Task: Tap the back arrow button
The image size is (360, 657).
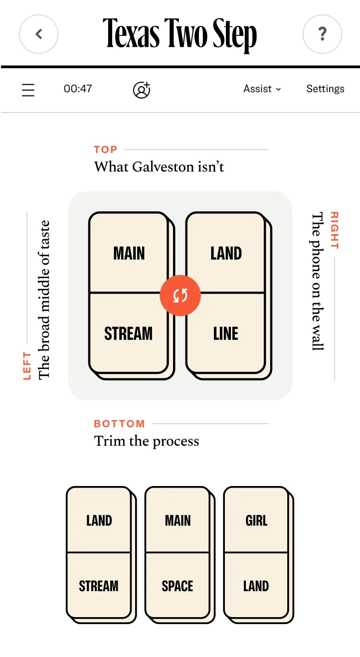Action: coord(39,34)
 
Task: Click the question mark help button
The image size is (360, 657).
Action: coord(322,34)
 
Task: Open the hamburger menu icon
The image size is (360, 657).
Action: coord(28,90)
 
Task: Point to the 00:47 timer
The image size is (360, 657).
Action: coord(78,89)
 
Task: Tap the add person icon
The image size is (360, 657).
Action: coord(142,90)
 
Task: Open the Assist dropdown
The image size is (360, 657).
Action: coord(262,89)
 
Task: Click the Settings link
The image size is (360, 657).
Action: coord(325,89)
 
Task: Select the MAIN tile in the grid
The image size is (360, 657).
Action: coord(129,253)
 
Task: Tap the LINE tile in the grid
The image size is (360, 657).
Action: coord(226,333)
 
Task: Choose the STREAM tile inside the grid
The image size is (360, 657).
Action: coord(129,333)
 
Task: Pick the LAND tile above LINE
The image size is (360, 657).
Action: coord(226,253)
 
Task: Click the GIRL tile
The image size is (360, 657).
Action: coord(256,520)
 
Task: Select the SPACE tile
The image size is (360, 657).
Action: coord(178,586)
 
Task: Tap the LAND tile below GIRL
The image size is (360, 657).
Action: coord(256,586)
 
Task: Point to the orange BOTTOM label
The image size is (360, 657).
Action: coord(119,424)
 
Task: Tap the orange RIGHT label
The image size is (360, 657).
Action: coord(335,230)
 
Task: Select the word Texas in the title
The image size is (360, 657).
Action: coord(131,33)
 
